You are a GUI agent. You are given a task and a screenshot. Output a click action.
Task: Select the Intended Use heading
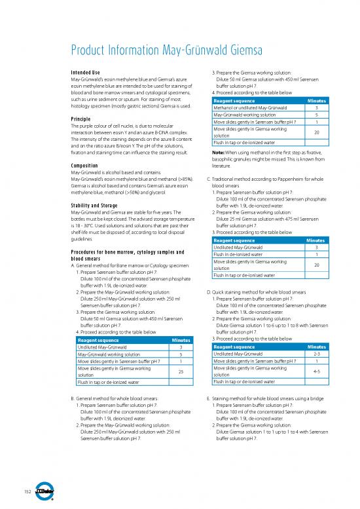87,72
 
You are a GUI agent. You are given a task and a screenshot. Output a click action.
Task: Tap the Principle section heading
82,119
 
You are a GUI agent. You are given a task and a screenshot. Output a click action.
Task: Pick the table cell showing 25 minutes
180,372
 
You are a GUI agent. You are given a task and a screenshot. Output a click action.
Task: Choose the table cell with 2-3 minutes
316,354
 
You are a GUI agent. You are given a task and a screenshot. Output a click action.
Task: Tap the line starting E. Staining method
268,398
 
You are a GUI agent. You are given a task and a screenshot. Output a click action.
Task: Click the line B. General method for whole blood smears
113,398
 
